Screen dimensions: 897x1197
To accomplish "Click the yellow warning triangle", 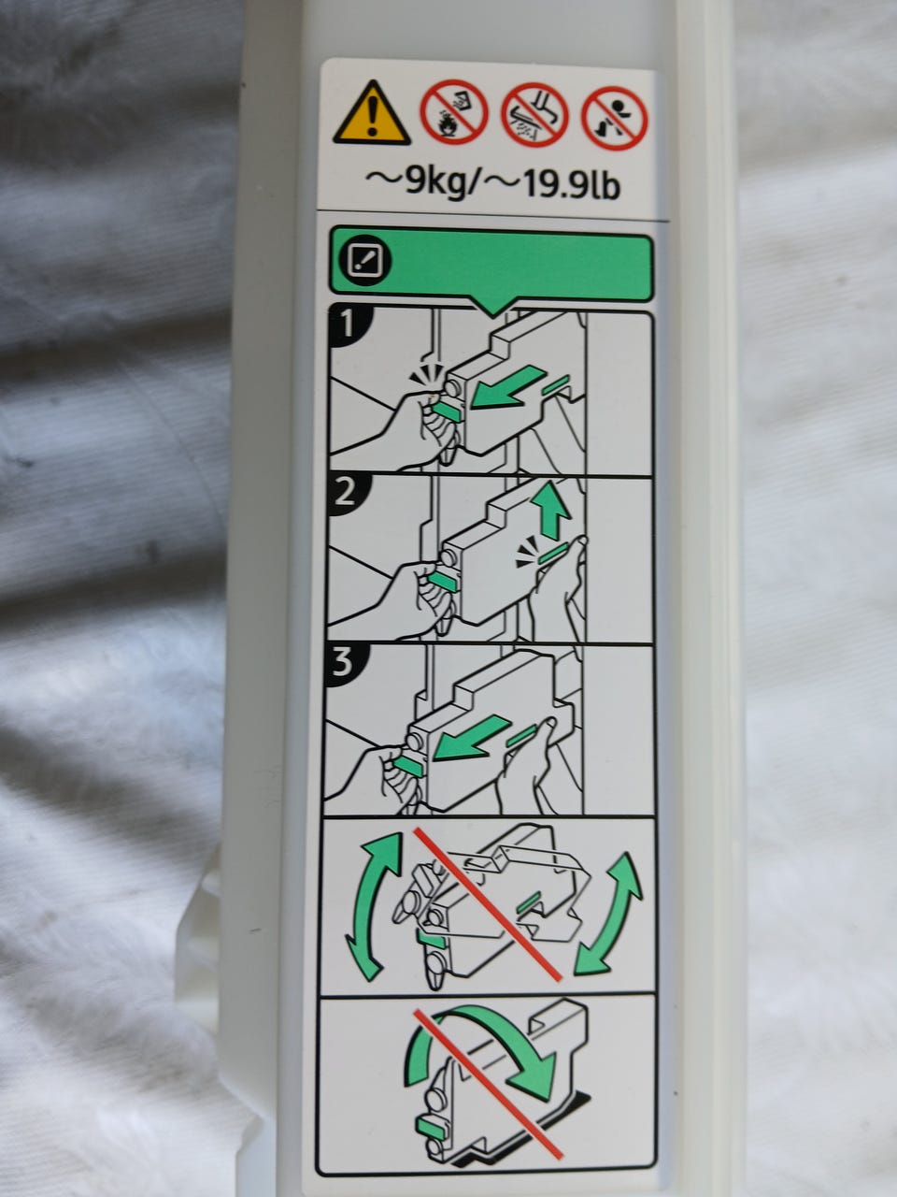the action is [x=372, y=115].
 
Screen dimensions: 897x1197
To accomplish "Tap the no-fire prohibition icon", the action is [x=454, y=112].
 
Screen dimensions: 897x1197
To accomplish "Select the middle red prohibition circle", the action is [x=534, y=115].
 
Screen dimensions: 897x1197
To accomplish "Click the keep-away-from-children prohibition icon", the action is [x=614, y=119].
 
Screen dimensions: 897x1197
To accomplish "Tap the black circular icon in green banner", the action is [x=365, y=261].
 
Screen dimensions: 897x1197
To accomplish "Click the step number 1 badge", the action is [x=349, y=325].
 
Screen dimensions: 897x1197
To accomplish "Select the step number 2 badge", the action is [x=347, y=494].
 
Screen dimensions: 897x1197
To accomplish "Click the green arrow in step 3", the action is [x=472, y=737].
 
